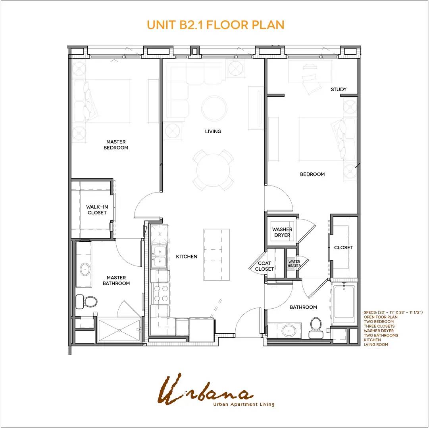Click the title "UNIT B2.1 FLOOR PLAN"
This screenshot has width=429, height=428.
coord(215,25)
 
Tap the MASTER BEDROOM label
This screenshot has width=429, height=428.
coord(116,145)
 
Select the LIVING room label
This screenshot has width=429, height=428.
coord(213,132)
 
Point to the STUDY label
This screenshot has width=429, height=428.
coord(339,89)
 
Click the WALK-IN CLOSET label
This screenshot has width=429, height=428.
coord(97,210)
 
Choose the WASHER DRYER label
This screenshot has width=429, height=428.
coord(282,233)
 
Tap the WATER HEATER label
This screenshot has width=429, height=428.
coord(294,264)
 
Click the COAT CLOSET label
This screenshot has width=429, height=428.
coord(264,266)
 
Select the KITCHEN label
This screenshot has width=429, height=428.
coord(187,256)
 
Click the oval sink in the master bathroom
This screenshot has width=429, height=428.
coord(85,269)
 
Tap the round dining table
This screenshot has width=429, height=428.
coord(213,170)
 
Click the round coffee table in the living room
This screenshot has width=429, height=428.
coord(214,109)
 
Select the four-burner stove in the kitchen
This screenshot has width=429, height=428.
coord(161,294)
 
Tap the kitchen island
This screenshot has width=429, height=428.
coord(216,254)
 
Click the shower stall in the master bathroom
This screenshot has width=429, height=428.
coord(119,331)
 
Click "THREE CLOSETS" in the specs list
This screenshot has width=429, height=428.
coord(379,326)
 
